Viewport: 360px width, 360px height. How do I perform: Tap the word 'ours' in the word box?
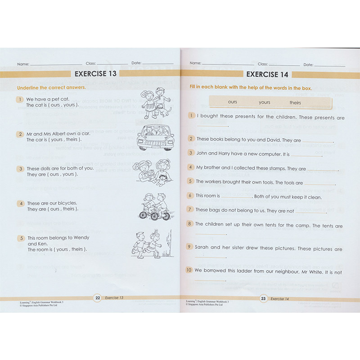pyautogui.click(x=232, y=102)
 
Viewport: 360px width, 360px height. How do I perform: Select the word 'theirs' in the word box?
pyautogui.click(x=295, y=103)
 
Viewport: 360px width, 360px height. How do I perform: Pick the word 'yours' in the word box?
pyautogui.click(x=265, y=102)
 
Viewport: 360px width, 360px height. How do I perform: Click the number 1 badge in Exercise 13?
pyautogui.click(x=20, y=99)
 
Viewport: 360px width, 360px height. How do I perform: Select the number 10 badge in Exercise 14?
pyautogui.click(x=189, y=270)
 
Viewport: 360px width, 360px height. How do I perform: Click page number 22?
pyautogui.click(x=97, y=298)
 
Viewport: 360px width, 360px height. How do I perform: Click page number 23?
pyautogui.click(x=263, y=298)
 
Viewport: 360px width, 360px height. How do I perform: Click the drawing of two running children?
pyautogui.click(x=148, y=244)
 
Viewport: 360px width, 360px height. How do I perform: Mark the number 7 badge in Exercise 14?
pyautogui.click(x=190, y=209)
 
